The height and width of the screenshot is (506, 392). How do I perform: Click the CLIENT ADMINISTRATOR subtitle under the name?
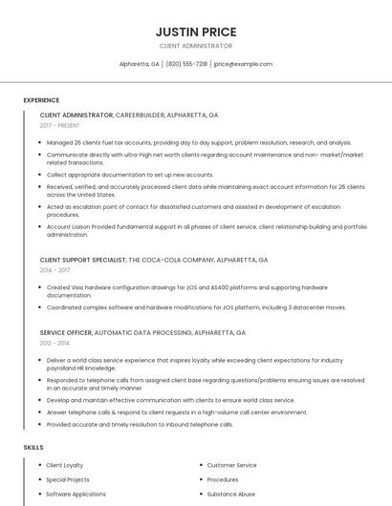(x=195, y=46)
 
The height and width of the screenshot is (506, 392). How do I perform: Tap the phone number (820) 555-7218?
(x=186, y=64)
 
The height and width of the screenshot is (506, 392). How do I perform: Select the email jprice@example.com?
(x=243, y=64)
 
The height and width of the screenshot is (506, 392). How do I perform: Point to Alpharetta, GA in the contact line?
(x=140, y=64)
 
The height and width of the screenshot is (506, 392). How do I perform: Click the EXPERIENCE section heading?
(x=41, y=100)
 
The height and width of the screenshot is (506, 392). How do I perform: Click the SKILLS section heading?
(x=33, y=447)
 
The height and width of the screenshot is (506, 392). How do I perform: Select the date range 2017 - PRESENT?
(x=60, y=126)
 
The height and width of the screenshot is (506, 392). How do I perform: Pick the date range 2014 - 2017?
(x=54, y=270)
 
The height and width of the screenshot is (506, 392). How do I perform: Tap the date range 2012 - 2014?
(x=54, y=343)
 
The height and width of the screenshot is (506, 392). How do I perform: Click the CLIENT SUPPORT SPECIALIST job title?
(x=83, y=260)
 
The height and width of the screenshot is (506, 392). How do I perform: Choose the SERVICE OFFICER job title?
(x=66, y=332)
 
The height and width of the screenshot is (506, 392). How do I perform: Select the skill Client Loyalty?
(x=65, y=465)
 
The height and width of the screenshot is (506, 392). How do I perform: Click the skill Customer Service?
(x=231, y=465)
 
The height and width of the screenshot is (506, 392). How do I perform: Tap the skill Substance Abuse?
(x=230, y=495)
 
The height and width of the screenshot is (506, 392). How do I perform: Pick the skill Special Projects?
(x=68, y=479)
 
